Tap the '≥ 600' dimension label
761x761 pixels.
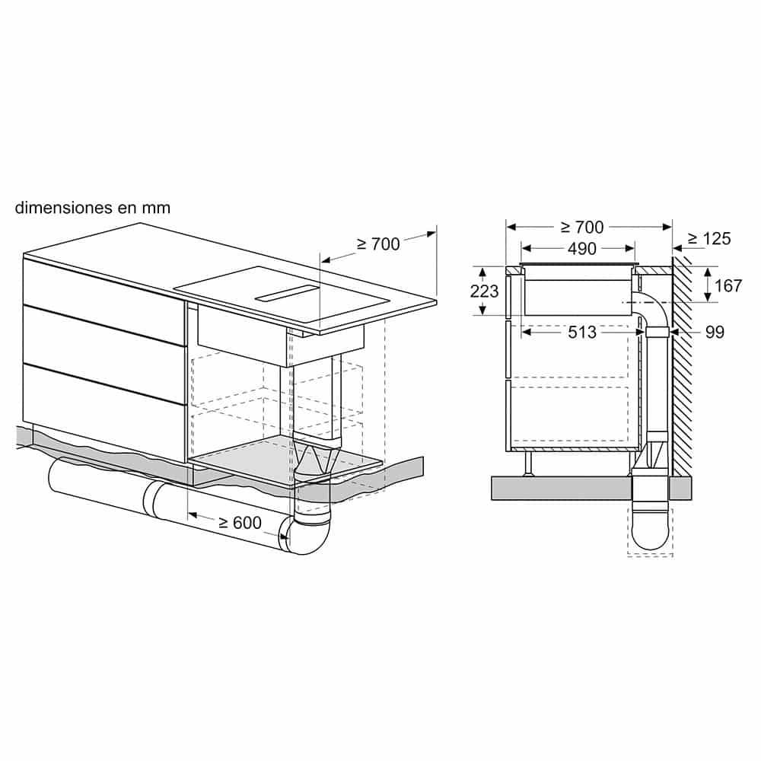click(x=240, y=523)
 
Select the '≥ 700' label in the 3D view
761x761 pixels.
click(x=377, y=244)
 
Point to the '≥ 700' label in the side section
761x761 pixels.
click(x=581, y=227)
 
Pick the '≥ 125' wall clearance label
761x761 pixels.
click(x=708, y=239)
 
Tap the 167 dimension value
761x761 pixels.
click(x=728, y=285)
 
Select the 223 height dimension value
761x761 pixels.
click(x=485, y=291)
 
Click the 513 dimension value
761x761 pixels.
click(x=581, y=332)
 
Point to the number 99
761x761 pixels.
click(x=714, y=332)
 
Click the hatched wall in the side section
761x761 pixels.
click(x=682, y=365)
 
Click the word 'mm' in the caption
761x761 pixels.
click(x=155, y=208)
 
